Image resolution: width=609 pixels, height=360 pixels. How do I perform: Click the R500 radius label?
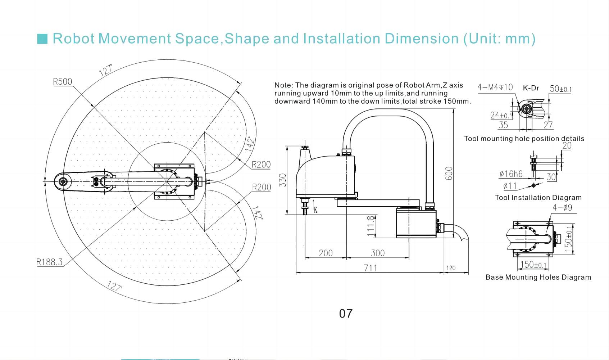coord(63,82)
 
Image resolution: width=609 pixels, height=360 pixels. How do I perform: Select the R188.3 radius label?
coord(50,262)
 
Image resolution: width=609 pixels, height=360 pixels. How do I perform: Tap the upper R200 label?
coord(261,165)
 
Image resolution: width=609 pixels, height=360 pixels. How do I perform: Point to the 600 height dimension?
coord(449,174)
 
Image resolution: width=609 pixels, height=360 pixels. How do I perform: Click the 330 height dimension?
coord(283,180)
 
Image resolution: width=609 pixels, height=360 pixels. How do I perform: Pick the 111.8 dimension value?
coord(371,226)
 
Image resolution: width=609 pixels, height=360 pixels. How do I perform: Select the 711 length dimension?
coord(371,268)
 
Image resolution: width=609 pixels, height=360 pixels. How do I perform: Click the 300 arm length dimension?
coord(378,253)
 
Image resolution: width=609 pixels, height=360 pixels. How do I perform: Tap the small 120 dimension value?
coord(451,268)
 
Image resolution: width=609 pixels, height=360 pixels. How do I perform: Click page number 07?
coord(346,314)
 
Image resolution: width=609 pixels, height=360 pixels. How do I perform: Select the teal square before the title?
coord(42,39)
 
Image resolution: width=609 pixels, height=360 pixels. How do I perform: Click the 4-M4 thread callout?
coord(495,87)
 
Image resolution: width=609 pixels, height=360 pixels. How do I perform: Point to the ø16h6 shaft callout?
coord(511,174)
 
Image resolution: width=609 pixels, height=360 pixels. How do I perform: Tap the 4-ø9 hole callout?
coord(562,208)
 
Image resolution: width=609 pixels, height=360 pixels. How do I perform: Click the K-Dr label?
coord(531,88)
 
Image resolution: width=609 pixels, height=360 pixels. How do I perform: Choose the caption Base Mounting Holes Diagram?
coord(538,277)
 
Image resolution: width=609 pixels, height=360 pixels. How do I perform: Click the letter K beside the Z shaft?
coord(315,210)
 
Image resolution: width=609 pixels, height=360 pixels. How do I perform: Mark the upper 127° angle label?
coord(106,70)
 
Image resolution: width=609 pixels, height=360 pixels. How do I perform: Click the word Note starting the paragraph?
coord(283,85)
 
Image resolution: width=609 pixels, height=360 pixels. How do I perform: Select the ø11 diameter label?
coord(510,186)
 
